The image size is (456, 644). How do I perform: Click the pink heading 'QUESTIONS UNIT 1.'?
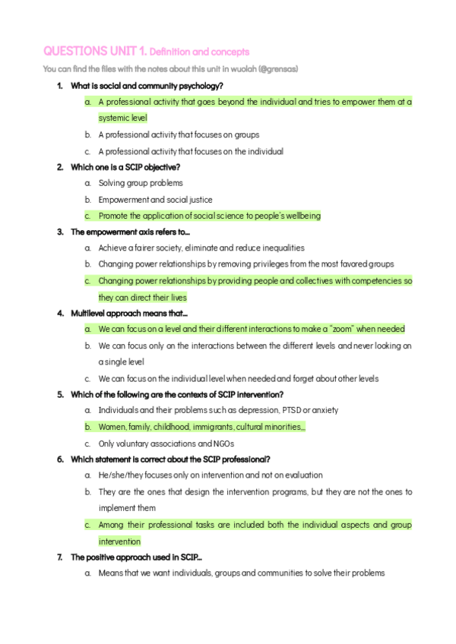point(95,52)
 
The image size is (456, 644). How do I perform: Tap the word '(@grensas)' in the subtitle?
point(277,69)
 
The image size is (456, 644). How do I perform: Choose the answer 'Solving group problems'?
point(141,183)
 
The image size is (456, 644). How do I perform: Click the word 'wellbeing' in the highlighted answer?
point(302,216)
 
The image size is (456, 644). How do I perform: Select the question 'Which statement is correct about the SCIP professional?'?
point(170,459)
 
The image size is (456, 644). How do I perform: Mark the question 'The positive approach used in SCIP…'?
point(136,557)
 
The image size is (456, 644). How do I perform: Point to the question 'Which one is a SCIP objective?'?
point(125,167)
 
